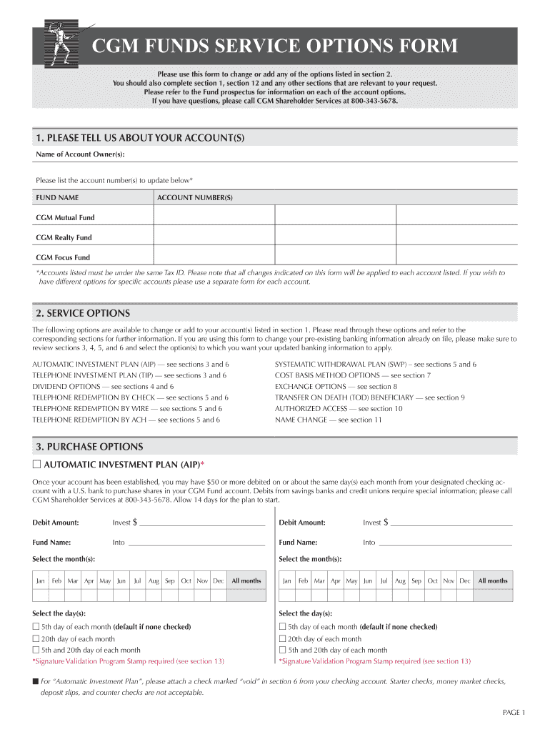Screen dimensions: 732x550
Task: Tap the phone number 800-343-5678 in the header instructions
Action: (370, 102)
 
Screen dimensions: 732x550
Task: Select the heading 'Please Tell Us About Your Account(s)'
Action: (141, 137)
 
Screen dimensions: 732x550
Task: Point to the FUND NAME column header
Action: (58, 197)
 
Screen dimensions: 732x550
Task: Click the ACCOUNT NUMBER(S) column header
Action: (195, 197)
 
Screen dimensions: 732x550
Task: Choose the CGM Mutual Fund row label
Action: (65, 217)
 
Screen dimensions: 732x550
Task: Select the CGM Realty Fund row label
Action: (64, 237)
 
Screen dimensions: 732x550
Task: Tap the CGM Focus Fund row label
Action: (63, 257)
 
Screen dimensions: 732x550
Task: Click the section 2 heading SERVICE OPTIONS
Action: (83, 313)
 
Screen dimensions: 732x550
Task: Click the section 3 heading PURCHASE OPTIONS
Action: (89, 447)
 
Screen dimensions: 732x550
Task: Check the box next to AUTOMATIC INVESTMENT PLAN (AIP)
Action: (37, 464)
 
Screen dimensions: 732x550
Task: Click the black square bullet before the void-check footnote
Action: (35, 681)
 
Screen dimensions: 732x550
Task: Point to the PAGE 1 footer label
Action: (514, 713)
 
